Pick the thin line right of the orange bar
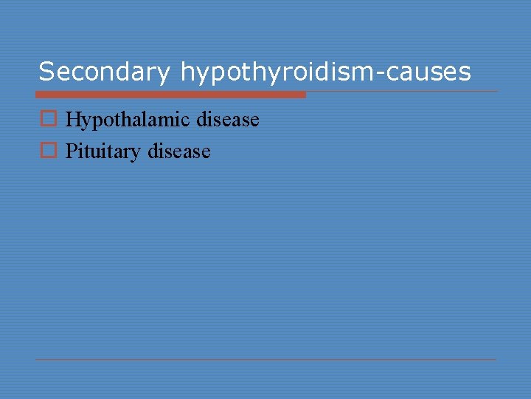[402, 92]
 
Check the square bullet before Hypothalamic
[48, 119]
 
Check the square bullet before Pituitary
[48, 151]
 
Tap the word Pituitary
[103, 152]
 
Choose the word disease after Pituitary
[179, 151]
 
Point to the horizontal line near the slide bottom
[265, 360]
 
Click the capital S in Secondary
[46, 72]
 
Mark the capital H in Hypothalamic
[73, 119]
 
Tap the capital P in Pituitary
[71, 151]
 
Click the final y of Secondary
[165, 74]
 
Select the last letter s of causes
[465, 73]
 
